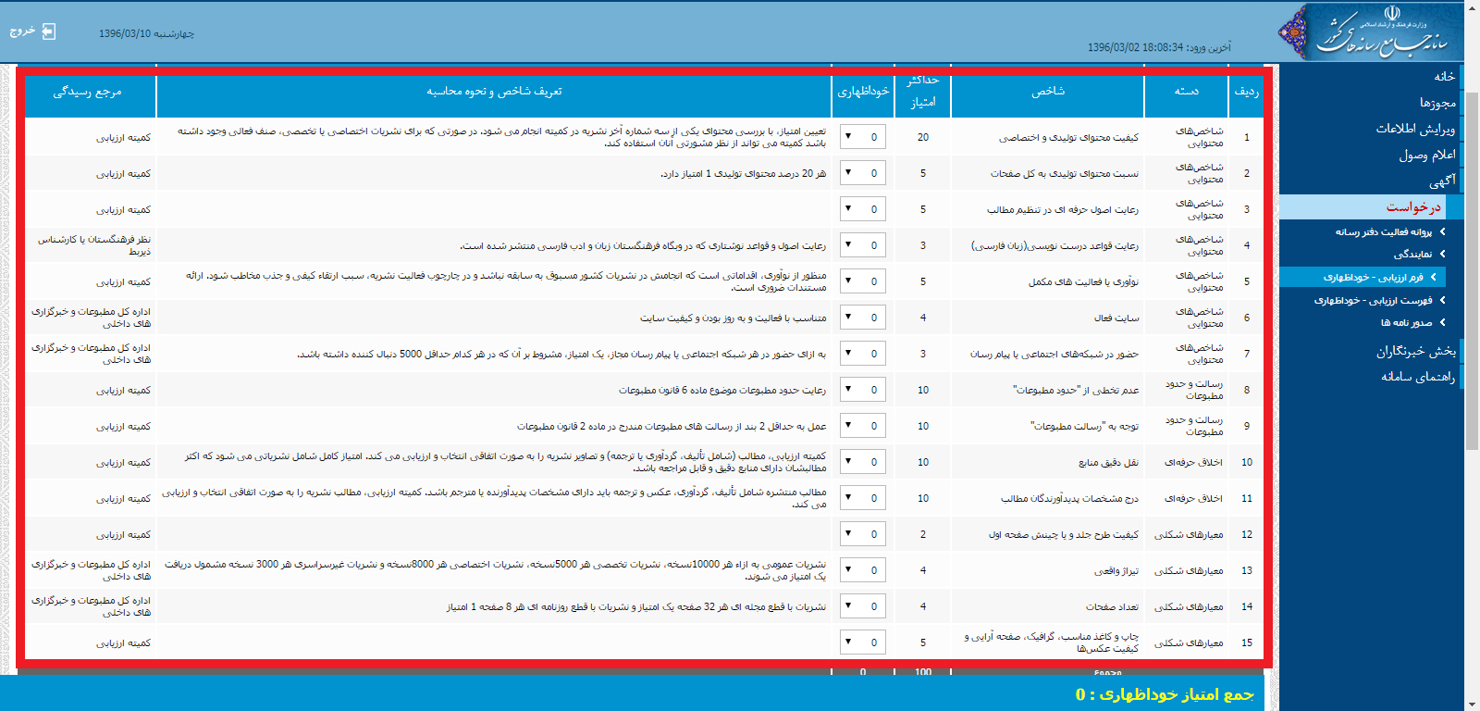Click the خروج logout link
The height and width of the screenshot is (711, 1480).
32,31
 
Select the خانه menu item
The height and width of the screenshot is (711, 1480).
1444,77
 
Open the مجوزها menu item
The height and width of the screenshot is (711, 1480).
1437,103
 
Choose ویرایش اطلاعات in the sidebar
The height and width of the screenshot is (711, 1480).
1415,129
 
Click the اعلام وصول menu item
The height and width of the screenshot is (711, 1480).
1426,155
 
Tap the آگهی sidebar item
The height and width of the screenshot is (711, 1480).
1441,181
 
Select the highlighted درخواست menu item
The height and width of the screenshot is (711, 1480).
1413,207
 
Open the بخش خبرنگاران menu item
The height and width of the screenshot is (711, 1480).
1415,351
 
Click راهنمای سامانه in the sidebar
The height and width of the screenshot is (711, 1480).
1417,377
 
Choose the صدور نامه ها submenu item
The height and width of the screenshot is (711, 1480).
1406,322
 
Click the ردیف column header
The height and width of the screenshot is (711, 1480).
1246,92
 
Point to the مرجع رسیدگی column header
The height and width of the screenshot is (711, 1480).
88,92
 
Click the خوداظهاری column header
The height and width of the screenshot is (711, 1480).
862,92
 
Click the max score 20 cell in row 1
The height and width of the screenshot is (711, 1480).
922,137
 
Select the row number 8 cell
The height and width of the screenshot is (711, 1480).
1246,390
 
